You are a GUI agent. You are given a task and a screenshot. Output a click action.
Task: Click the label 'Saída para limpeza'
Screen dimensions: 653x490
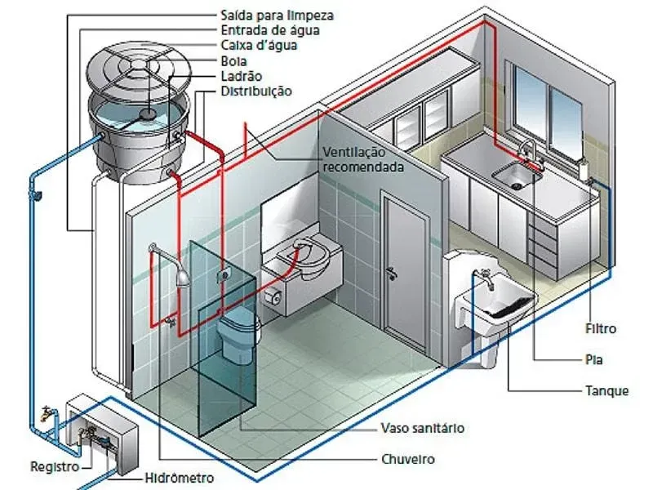[x=277, y=16]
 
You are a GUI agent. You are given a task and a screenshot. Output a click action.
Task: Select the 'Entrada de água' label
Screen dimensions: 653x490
[x=270, y=30]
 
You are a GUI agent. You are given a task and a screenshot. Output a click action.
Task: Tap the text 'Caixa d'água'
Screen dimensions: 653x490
[x=259, y=45]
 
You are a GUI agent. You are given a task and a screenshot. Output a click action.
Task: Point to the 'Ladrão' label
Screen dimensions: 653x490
[x=241, y=76]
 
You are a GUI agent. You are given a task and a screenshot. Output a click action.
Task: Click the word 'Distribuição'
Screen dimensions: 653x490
[x=256, y=91]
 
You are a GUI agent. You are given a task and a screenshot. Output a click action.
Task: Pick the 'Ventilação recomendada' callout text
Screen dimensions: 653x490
[x=363, y=159]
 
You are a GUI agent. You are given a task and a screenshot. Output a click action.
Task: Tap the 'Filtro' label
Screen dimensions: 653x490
[x=601, y=329]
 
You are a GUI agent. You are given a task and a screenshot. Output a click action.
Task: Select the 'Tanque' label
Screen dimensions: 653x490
[x=606, y=391]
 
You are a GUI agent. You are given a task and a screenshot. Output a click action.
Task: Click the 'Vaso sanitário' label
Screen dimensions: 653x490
[x=422, y=428]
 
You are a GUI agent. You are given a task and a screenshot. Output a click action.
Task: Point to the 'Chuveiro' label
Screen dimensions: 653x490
[x=407, y=459]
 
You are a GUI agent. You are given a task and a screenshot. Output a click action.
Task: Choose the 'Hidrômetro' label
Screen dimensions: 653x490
[x=179, y=478]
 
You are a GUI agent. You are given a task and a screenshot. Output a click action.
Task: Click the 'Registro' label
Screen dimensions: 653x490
[x=55, y=466]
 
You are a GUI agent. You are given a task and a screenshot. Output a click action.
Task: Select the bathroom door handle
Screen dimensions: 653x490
[x=392, y=274]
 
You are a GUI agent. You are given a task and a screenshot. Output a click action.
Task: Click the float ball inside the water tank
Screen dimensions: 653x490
[x=147, y=114]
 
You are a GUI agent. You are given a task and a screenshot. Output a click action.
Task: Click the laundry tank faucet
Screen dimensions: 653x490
[x=486, y=279]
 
